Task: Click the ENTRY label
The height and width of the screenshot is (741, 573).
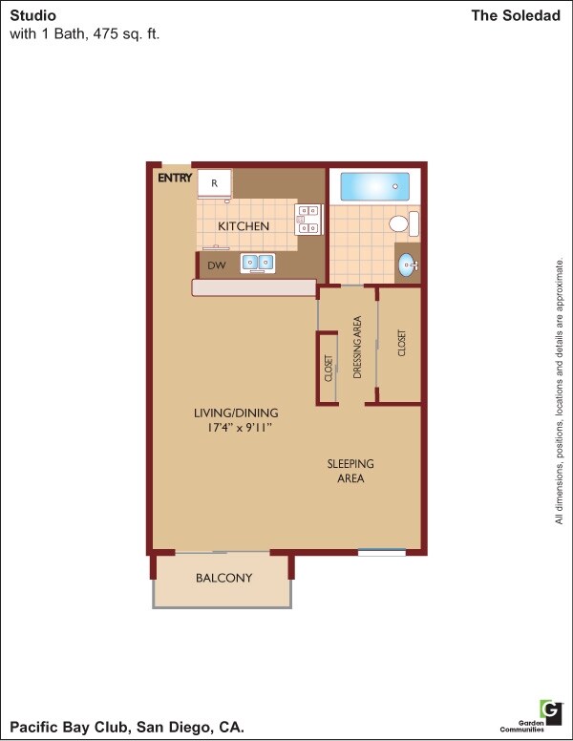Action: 175,178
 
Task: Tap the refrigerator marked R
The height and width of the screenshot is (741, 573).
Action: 215,182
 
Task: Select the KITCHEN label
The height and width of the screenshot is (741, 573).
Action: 244,226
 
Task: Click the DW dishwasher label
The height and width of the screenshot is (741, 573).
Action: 217,265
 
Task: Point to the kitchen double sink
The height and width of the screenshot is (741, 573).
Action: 257,262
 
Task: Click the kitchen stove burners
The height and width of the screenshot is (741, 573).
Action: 308,219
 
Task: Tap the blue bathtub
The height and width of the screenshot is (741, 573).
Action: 374,186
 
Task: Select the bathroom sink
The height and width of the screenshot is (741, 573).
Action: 408,265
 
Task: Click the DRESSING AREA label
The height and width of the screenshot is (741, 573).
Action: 358,346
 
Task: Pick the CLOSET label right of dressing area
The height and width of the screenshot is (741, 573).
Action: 402,344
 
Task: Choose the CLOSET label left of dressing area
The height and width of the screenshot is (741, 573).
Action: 329,368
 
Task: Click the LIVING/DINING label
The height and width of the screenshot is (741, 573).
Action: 233,413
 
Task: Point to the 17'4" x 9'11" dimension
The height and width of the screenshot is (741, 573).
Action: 233,429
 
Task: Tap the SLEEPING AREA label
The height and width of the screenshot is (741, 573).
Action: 350,471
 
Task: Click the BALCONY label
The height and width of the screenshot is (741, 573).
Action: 223,578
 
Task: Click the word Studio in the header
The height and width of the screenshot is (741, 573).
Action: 32,16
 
